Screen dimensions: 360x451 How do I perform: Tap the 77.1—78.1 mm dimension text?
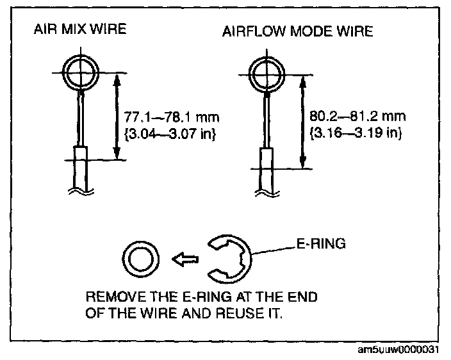(x=174, y=118)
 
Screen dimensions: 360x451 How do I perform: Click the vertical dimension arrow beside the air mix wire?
(x=116, y=115)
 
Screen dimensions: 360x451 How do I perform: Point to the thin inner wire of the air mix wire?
(x=79, y=119)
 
